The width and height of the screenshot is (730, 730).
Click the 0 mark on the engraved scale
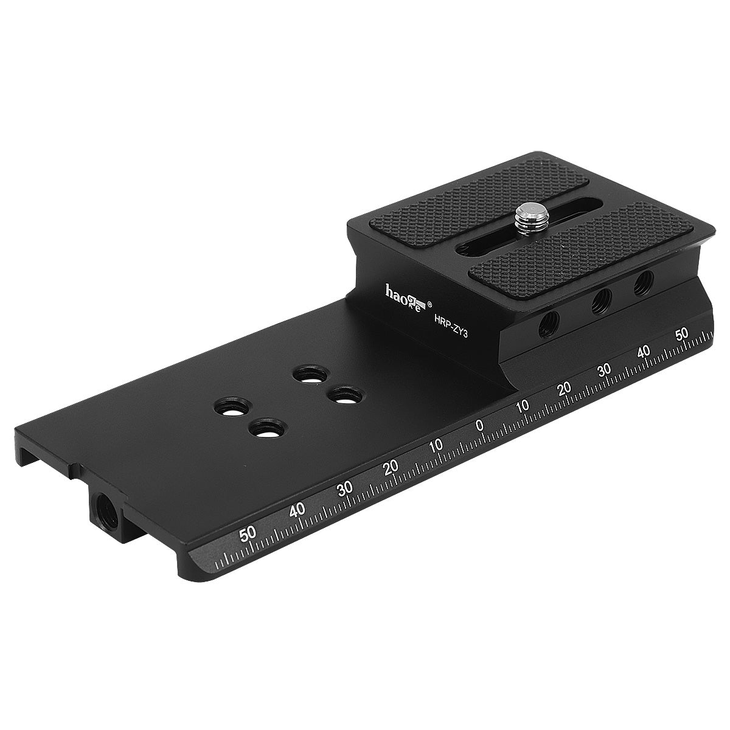(480, 425)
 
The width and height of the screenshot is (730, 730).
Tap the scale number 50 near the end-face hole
(248, 535)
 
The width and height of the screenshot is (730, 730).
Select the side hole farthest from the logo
(642, 282)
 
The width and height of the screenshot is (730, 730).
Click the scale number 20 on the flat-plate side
(391, 467)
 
